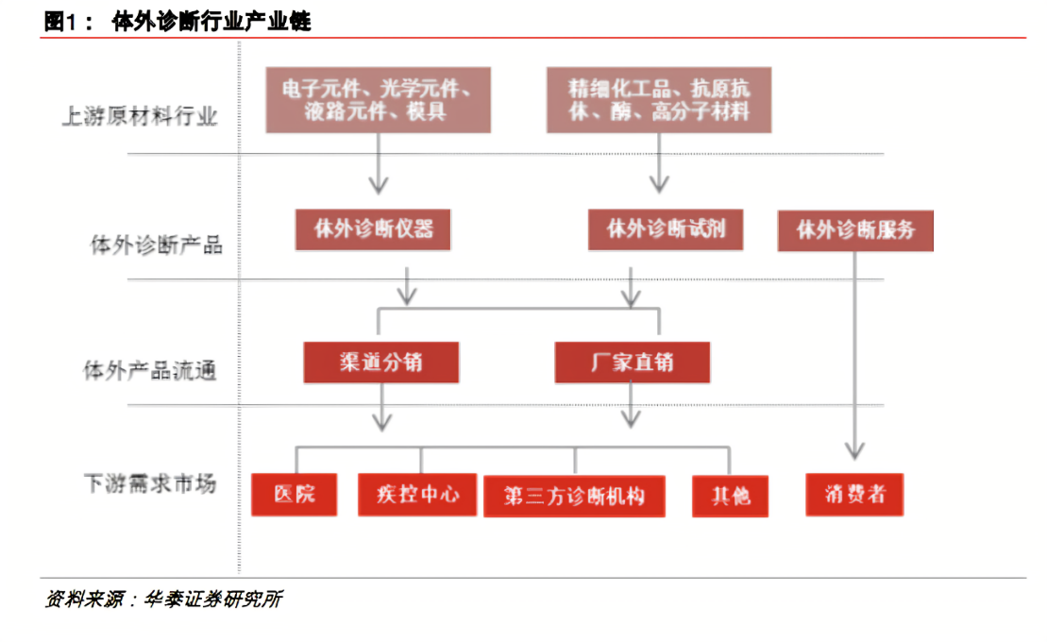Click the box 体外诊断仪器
pyautogui.click(x=373, y=229)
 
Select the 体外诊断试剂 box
pyautogui.click(x=666, y=229)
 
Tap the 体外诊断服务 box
pyautogui.click(x=855, y=231)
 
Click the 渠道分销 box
pyautogui.click(x=381, y=363)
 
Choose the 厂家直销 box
pyautogui.click(x=633, y=363)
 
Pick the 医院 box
pyautogui.click(x=295, y=495)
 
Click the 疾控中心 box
pyautogui.click(x=417, y=495)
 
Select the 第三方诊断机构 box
pyautogui.click(x=574, y=497)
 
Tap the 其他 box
pyautogui.click(x=731, y=497)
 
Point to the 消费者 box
pyautogui.click(x=854, y=495)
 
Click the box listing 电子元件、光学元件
pyautogui.click(x=378, y=100)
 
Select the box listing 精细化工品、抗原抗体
pyautogui.click(x=659, y=100)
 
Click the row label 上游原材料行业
pyautogui.click(x=140, y=116)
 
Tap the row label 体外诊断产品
pyautogui.click(x=157, y=245)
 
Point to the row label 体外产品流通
pyautogui.click(x=149, y=370)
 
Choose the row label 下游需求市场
pyautogui.click(x=150, y=483)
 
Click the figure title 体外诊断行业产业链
pyautogui.click(x=211, y=22)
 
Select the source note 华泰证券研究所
pyautogui.click(x=213, y=600)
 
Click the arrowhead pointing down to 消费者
pyautogui.click(x=854, y=450)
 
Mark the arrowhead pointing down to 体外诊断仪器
pyautogui.click(x=379, y=184)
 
